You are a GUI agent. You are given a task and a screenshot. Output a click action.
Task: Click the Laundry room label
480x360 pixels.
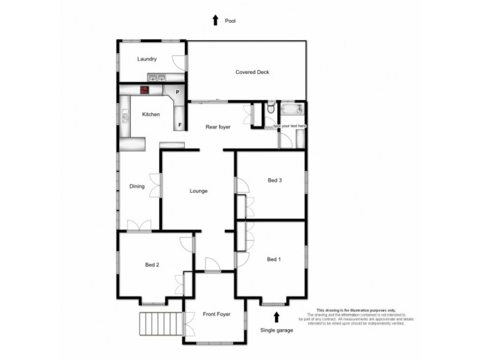pos(147,59)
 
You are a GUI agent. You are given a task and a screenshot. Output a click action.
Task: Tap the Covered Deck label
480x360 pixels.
pos(252,72)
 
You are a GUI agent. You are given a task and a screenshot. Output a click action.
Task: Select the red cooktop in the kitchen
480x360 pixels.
pos(145,90)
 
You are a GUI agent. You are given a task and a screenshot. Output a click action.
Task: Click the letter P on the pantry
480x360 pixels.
pos(178,92)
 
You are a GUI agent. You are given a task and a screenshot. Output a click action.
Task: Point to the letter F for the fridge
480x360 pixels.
pos(179,125)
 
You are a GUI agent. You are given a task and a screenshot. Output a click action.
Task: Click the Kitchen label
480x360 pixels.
pos(151,114)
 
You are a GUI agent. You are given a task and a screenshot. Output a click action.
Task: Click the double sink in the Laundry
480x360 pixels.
pos(158,77)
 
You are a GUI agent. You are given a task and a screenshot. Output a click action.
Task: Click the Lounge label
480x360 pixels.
pos(198,191)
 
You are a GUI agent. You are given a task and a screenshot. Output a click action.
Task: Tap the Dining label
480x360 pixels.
pos(137,186)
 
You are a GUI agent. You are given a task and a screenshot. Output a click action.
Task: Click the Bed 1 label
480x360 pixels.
pos(273,259)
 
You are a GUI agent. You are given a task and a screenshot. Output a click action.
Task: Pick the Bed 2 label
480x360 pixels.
pos(152,264)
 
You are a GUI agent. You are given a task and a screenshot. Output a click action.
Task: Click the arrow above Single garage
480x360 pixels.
pos(277,316)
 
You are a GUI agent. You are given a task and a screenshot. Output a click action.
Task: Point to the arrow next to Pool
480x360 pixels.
pos(215,20)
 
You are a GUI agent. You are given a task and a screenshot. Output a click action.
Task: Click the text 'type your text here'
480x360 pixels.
pos(290,126)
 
